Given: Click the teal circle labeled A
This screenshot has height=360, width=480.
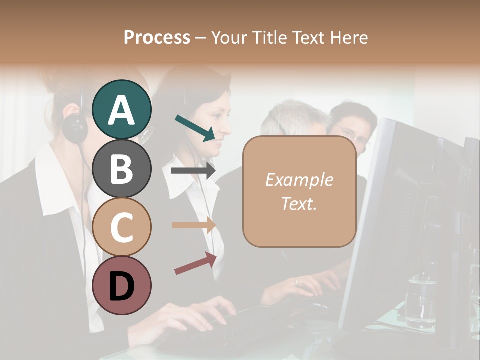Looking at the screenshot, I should (x=121, y=109).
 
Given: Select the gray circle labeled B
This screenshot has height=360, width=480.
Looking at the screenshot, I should (x=121, y=168).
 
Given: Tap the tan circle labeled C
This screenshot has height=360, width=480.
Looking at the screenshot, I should (x=121, y=227).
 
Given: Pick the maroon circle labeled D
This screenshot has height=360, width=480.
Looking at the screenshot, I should (x=121, y=285).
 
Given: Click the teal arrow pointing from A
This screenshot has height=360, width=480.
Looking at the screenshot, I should (x=195, y=128).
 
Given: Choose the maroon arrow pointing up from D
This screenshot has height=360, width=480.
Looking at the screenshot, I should (x=195, y=263).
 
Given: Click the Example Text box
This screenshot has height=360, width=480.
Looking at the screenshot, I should (x=299, y=192).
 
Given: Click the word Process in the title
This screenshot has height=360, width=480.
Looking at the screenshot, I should (x=157, y=37).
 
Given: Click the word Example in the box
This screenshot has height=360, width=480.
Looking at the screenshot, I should (x=299, y=180).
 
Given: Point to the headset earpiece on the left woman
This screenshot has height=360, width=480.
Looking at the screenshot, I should (x=75, y=127).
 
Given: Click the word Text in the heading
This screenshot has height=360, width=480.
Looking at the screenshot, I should (x=314, y=37).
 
